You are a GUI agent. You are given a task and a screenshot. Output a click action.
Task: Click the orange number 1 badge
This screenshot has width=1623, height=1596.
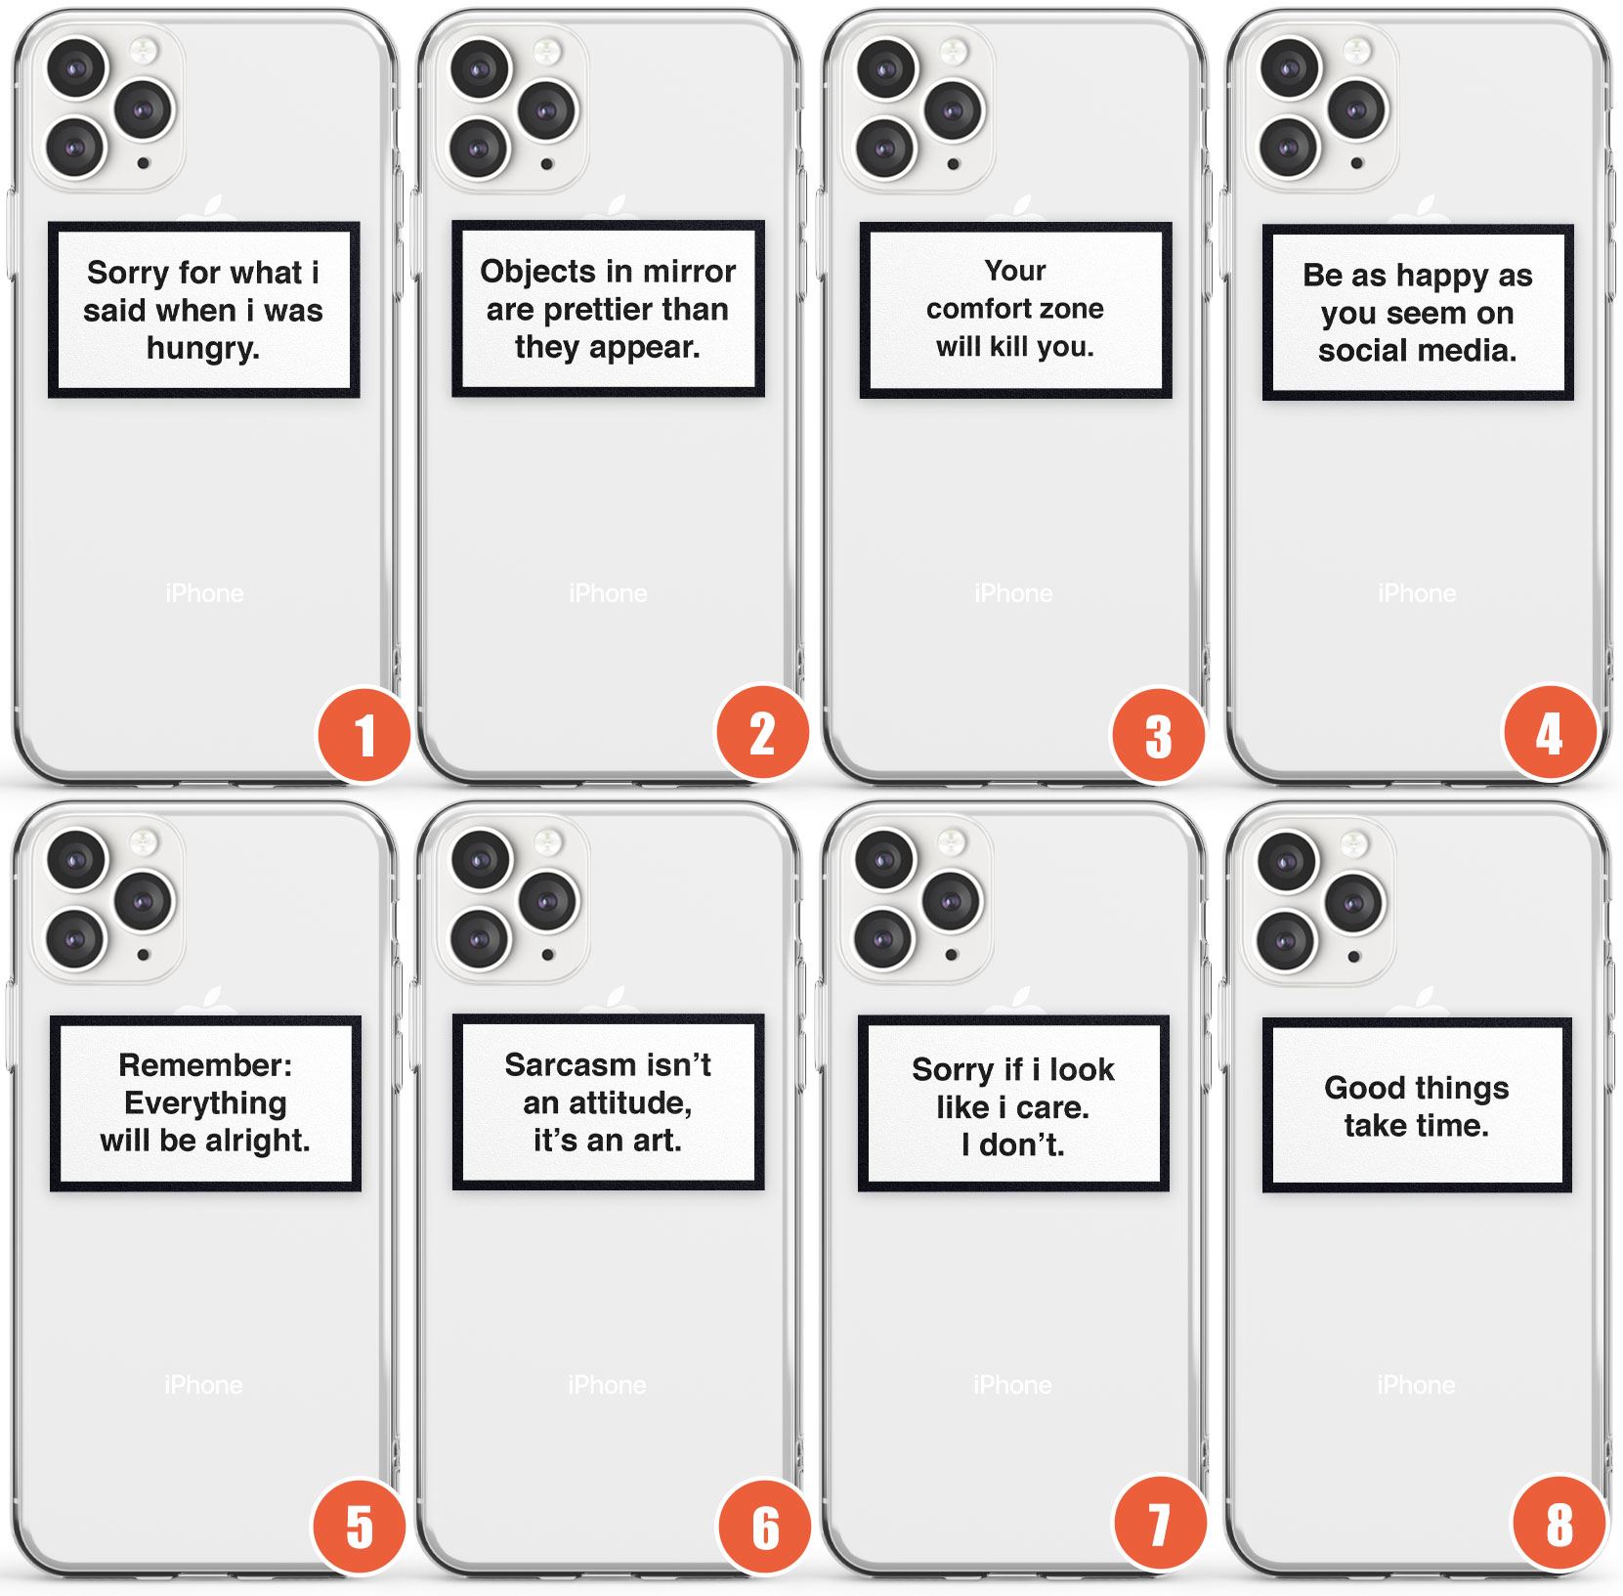tap(364, 735)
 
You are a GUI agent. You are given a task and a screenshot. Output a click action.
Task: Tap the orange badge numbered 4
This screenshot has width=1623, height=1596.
tap(1550, 734)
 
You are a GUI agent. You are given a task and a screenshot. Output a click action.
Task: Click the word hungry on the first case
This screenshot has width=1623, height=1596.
tap(202, 349)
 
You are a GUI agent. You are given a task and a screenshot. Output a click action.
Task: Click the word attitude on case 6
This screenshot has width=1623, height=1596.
tap(630, 1103)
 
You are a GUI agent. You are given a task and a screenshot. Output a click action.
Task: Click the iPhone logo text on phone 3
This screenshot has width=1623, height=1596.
tap(1013, 593)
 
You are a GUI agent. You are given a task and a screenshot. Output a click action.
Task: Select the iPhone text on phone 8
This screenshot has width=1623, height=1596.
tap(1416, 1385)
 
